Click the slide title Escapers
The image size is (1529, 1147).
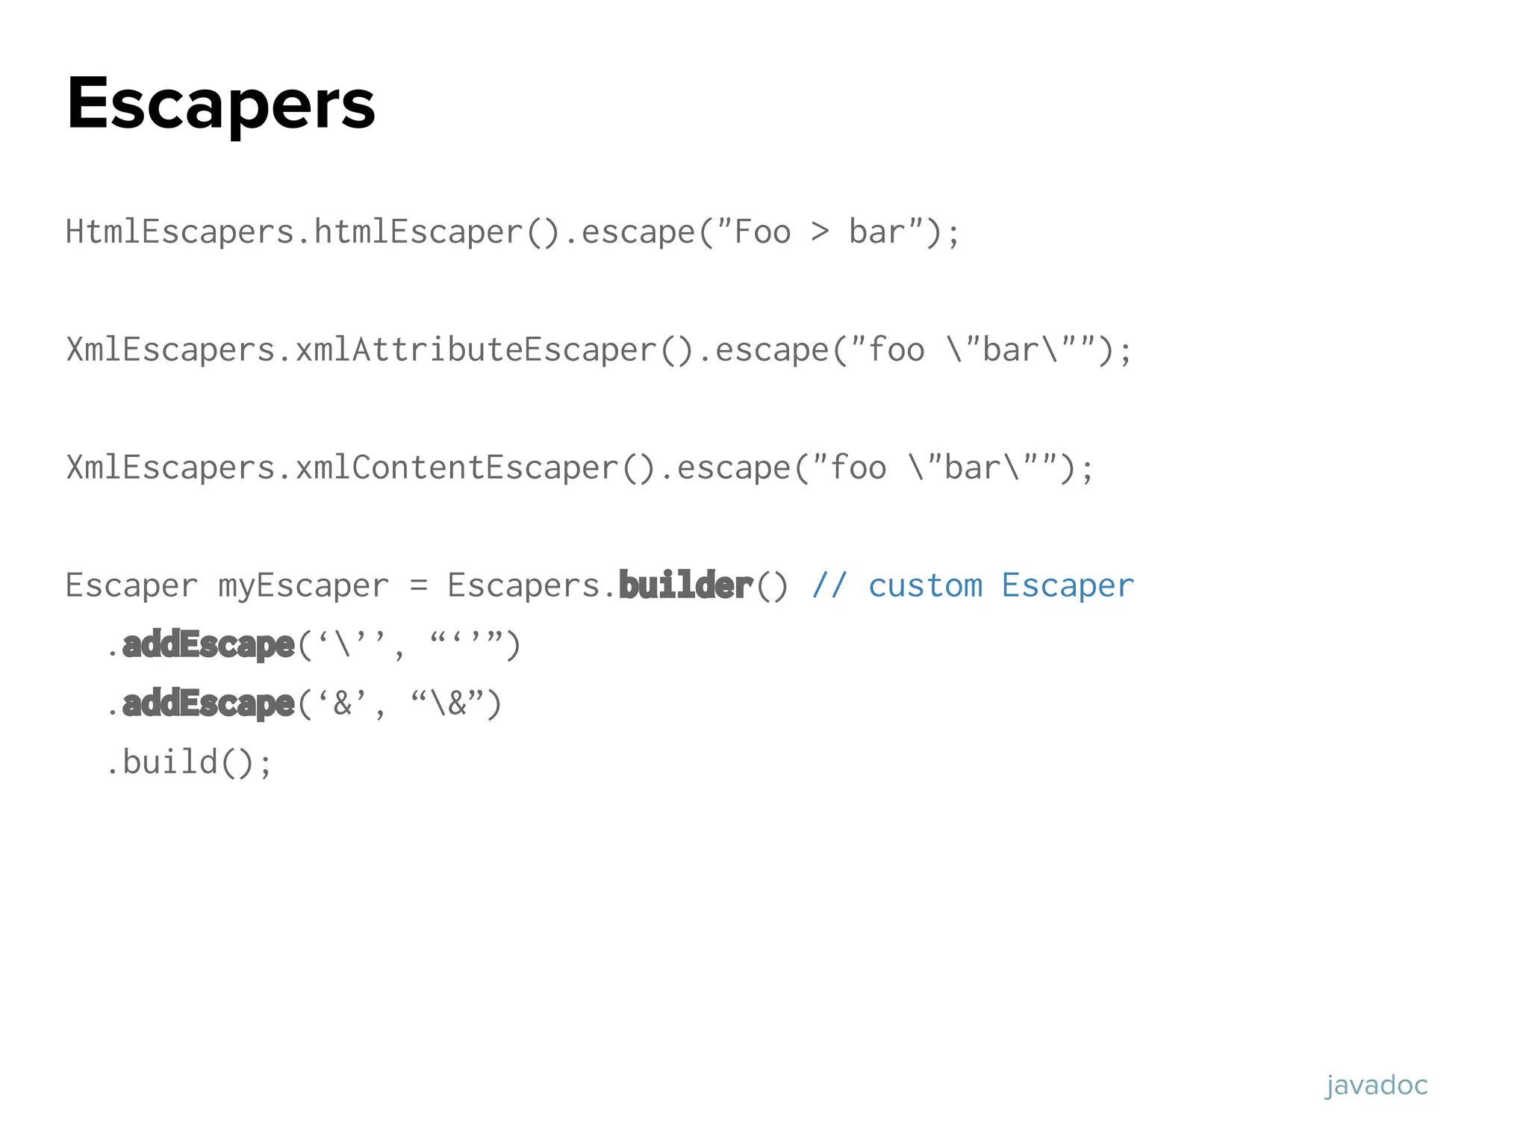click(221, 105)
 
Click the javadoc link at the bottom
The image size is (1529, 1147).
click(1376, 1085)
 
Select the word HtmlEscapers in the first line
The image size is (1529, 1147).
click(179, 231)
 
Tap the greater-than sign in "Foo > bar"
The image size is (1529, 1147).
click(820, 231)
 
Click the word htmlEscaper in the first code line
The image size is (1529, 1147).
click(418, 231)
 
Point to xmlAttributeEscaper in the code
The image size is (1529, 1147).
click(475, 349)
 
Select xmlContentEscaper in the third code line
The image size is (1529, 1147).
click(456, 467)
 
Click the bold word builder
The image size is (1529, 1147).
click(685, 585)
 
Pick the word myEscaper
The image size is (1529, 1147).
click(303, 585)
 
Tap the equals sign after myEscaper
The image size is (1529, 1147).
click(419, 585)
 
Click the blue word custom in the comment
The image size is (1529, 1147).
click(925, 585)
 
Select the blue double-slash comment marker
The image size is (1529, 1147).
click(829, 585)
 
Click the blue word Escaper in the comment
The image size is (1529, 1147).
click(1068, 585)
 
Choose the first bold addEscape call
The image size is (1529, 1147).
click(208, 644)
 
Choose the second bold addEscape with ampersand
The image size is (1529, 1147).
click(208, 703)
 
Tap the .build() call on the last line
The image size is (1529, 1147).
click(189, 762)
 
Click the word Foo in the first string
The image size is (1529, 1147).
click(762, 231)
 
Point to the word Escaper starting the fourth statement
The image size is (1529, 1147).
click(131, 585)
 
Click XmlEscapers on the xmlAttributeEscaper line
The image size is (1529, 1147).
click(170, 349)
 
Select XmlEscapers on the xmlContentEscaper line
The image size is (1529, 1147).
click(170, 467)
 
